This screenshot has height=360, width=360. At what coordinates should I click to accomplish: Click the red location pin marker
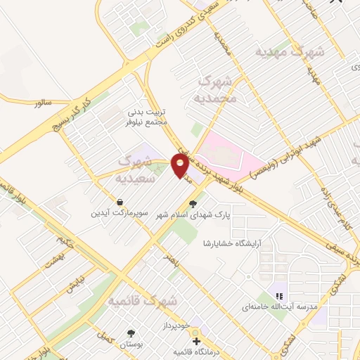(x=180, y=165)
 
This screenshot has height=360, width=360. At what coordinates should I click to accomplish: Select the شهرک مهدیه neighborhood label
(x=290, y=52)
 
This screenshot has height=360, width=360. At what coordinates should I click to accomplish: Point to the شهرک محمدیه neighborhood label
(x=219, y=90)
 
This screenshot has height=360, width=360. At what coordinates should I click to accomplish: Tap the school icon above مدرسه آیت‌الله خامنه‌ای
(x=278, y=296)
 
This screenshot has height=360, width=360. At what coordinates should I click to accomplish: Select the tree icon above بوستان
(x=130, y=333)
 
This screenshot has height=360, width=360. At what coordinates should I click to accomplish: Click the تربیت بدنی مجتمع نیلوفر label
(x=149, y=117)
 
